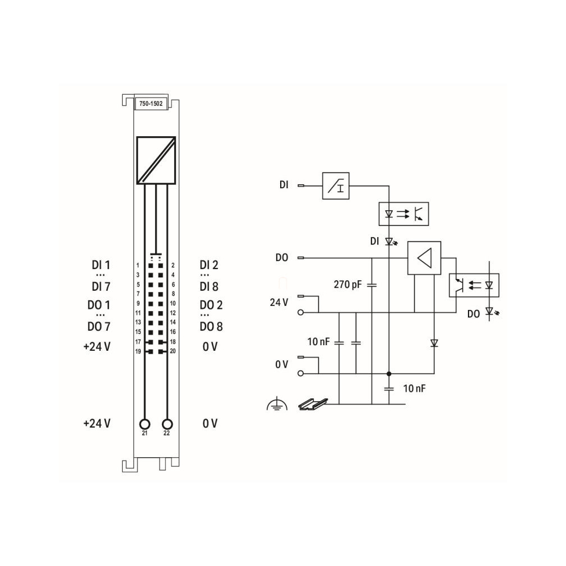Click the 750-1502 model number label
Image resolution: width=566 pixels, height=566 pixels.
151,104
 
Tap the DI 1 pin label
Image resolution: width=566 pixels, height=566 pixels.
101,265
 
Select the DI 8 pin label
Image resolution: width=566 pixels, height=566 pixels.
209,286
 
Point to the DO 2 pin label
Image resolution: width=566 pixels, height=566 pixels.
211,305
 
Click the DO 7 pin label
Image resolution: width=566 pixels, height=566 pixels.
99,327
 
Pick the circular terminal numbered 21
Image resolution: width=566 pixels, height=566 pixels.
145,424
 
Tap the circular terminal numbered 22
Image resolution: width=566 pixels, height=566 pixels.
168,424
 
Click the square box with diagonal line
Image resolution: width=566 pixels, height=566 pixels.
156,160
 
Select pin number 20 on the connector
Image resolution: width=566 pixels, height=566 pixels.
173,351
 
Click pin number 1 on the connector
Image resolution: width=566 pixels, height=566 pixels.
137,265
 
